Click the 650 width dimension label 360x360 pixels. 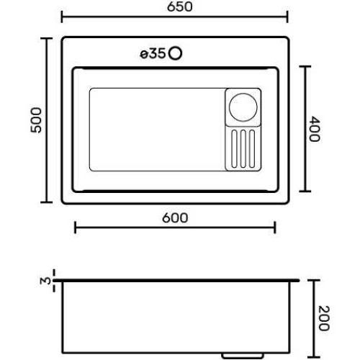tap(179, 6)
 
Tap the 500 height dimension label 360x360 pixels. tap(36, 120)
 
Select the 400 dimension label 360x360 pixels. tap(314, 129)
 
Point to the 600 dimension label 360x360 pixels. tap(175, 218)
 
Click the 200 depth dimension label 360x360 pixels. tap(323, 318)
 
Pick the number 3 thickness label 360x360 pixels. tap(45, 281)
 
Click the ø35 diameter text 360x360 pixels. tap(153, 54)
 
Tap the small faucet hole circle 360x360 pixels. tap(175, 53)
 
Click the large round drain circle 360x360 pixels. tap(243, 107)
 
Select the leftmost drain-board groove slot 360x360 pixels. tap(235, 148)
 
